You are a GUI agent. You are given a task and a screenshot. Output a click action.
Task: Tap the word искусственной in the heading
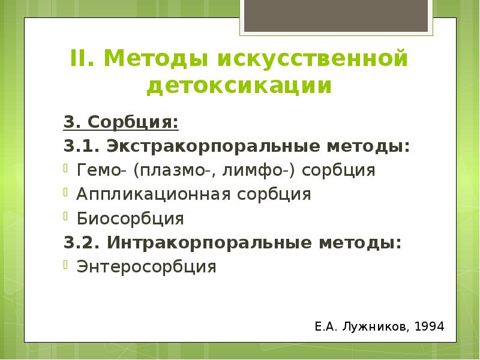(312, 59)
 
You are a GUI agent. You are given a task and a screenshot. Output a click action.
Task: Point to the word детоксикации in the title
(239, 85)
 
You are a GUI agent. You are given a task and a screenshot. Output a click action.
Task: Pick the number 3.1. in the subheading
(83, 146)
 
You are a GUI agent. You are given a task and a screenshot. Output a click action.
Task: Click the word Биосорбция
(130, 218)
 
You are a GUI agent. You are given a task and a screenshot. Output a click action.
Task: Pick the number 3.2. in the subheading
(83, 242)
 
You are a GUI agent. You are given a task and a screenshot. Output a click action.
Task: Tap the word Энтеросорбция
(146, 266)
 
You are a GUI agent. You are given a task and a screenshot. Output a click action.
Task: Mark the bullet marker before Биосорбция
(68, 216)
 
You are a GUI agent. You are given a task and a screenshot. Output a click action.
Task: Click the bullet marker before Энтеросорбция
(68, 264)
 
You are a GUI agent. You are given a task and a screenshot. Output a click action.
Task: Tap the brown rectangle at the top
(336, 14)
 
